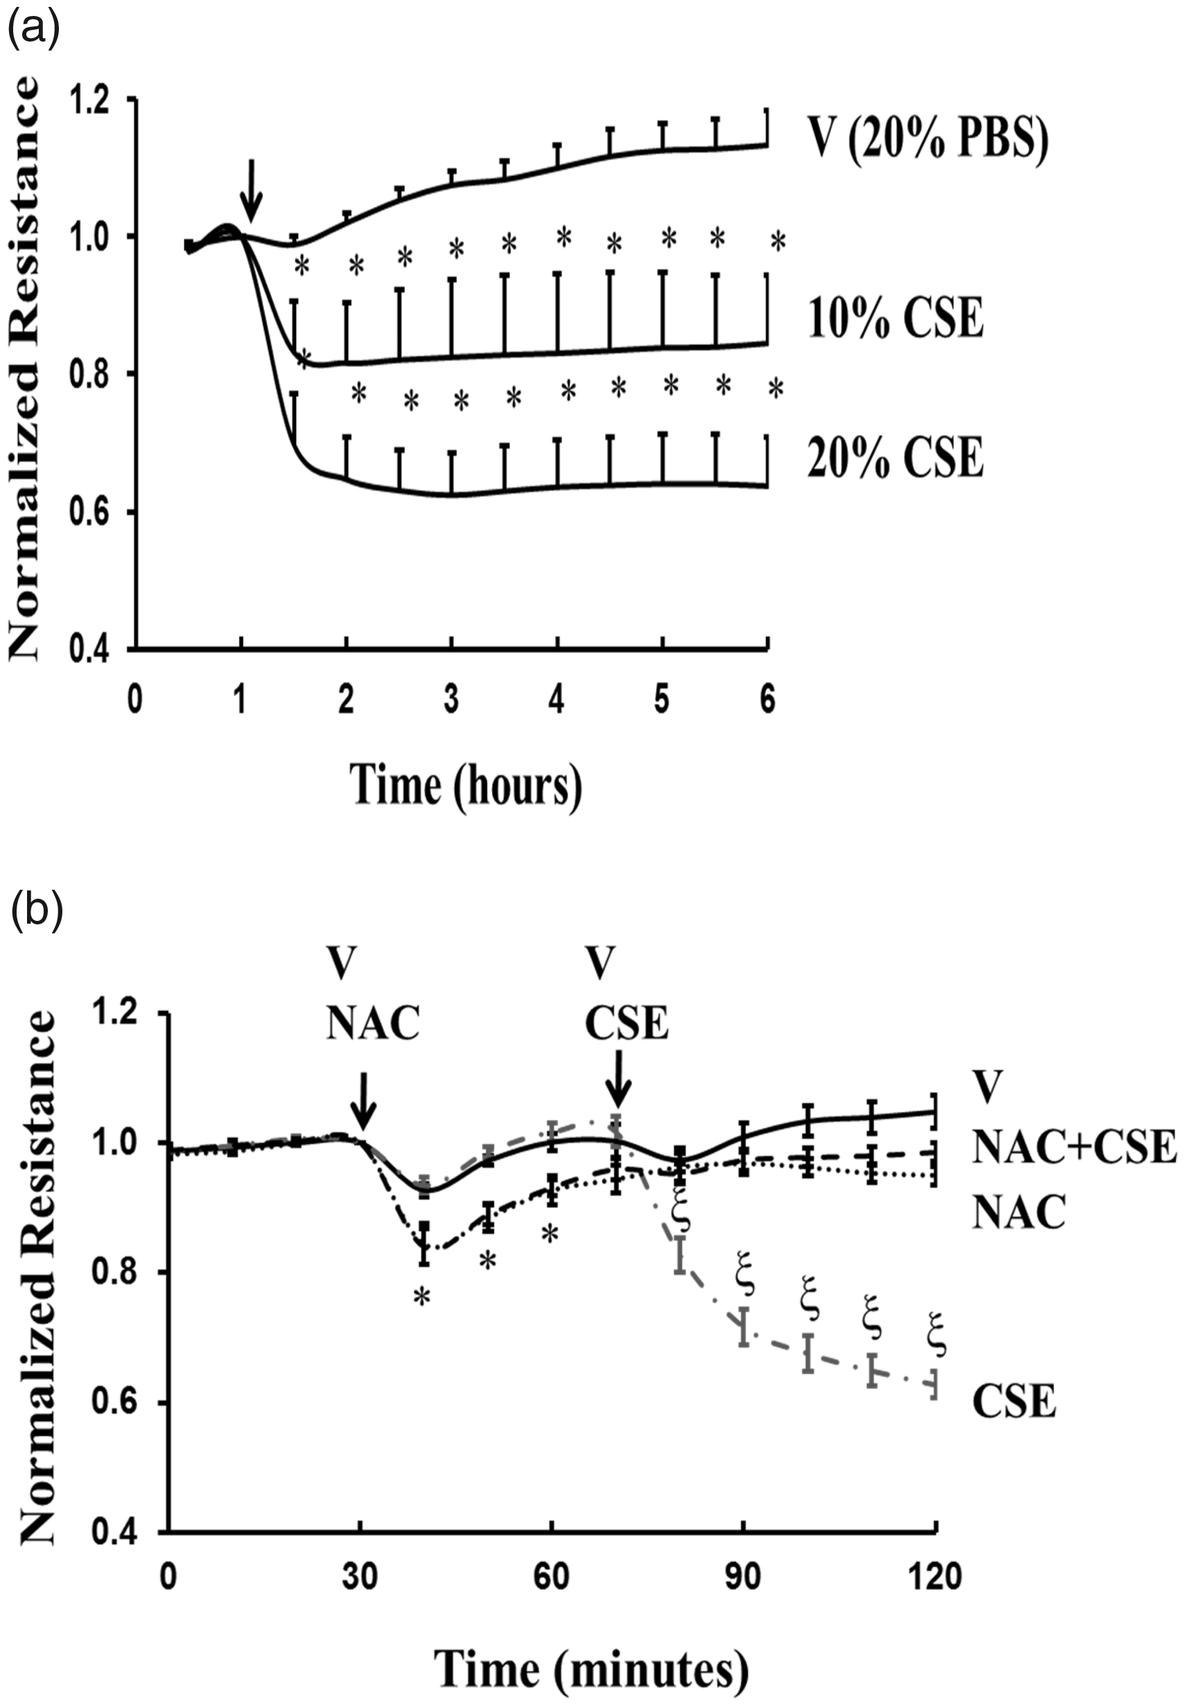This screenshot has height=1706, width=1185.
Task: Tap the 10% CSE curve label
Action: pos(895,318)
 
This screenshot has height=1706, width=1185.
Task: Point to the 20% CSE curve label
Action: pos(895,457)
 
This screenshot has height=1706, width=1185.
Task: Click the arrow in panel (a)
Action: pos(252,190)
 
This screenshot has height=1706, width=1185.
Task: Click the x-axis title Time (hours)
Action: pos(466,786)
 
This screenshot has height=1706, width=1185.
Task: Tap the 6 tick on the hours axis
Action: pos(768,700)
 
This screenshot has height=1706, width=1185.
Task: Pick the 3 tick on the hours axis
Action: pos(450,700)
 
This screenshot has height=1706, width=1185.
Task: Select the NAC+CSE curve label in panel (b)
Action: pos(1074,1147)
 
